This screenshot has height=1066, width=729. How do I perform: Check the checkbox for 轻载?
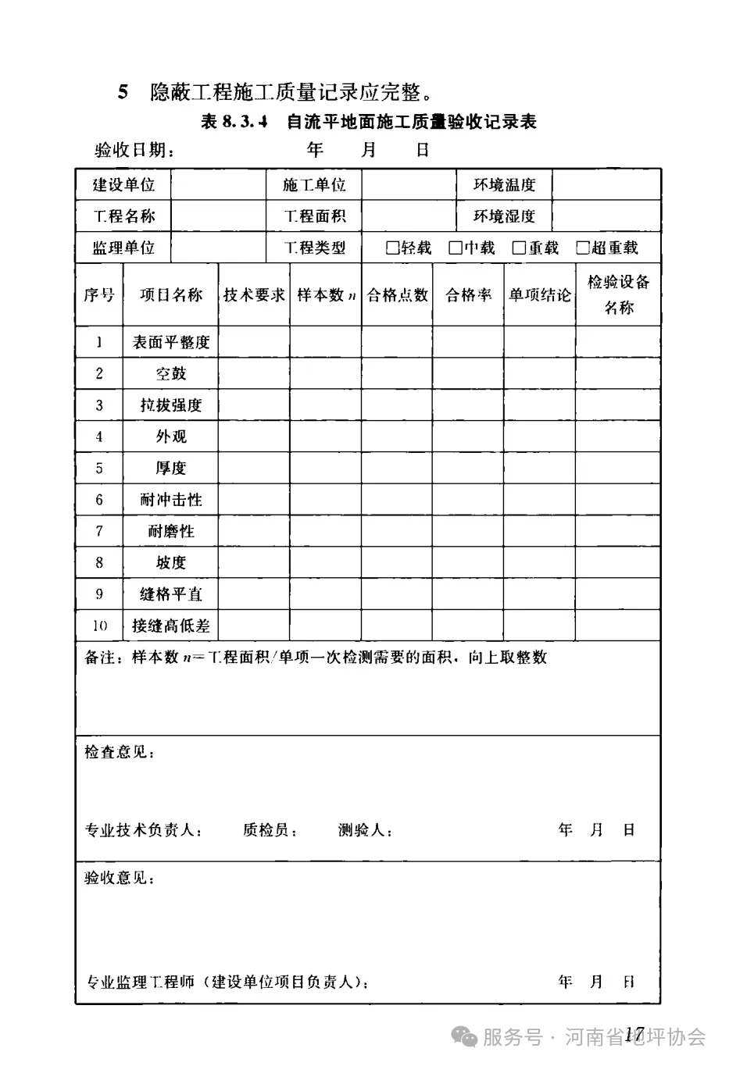point(393,248)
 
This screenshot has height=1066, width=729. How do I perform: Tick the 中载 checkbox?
point(456,248)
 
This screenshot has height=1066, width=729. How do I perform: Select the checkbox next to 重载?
point(519,248)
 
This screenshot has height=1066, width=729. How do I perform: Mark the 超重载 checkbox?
point(582,248)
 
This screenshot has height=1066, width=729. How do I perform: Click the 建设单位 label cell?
point(123,185)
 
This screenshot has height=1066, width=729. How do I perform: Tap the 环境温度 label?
point(504,185)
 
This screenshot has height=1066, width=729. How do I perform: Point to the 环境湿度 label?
point(504,216)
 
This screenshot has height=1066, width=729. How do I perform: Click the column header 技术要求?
point(254,295)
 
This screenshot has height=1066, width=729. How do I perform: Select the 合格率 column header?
point(468,295)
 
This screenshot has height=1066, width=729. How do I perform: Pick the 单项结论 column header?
point(540,295)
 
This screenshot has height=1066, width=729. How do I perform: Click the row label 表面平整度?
point(171,342)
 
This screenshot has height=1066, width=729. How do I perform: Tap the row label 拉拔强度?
point(171,405)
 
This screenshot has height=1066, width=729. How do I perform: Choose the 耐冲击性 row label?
point(171,500)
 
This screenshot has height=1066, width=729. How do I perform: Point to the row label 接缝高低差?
point(171,626)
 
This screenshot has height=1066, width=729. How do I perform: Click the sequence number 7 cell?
point(99,531)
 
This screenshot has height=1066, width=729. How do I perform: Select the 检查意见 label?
point(119,752)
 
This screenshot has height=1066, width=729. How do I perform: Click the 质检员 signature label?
point(270,830)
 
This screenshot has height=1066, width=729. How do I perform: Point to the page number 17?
point(633,1036)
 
